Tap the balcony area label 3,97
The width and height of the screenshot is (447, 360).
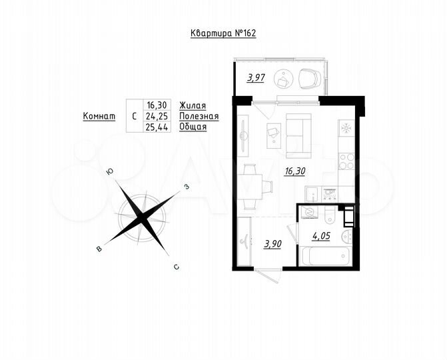click(x=256, y=78)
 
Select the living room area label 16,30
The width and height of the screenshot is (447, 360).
click(x=295, y=171)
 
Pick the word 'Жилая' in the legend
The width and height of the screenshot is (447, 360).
click(x=193, y=105)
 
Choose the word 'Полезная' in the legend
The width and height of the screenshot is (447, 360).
click(x=199, y=115)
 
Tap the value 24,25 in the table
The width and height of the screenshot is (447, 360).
click(x=159, y=115)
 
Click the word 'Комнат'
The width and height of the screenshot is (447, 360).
click(x=99, y=115)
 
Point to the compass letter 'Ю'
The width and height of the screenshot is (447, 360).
click(x=109, y=172)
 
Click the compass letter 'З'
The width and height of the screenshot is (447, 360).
click(x=187, y=187)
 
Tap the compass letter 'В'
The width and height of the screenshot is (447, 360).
click(x=99, y=249)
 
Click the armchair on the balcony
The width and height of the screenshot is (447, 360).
click(x=308, y=79)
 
